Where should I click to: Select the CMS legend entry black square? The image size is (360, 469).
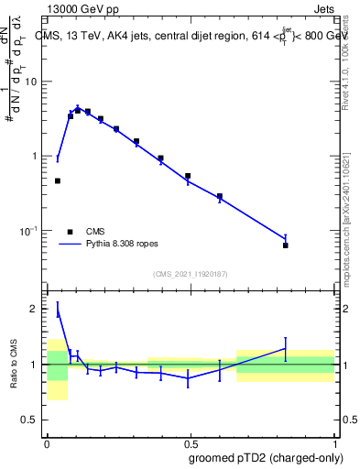pos(71,232)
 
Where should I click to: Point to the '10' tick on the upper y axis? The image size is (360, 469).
pos(33,82)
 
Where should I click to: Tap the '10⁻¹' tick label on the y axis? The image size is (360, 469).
pos(31,230)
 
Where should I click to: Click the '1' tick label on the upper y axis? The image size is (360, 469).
pos(38,156)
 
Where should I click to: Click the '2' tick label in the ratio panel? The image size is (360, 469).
pos(38,309)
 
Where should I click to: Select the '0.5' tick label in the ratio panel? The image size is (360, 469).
pos(33,420)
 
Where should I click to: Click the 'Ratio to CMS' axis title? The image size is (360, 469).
pos(14,364)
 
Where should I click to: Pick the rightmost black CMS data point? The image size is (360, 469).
pos(285,245)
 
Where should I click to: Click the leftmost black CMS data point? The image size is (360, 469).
pos(58,180)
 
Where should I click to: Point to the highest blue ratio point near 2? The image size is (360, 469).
pos(58,312)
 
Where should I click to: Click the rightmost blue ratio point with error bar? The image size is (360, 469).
pos(285,348)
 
